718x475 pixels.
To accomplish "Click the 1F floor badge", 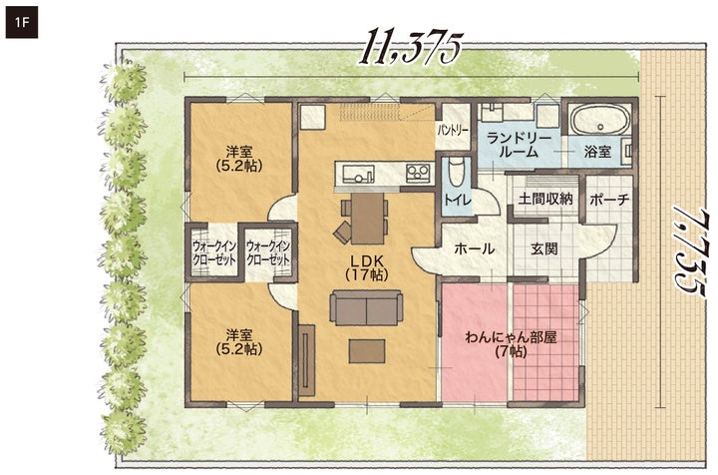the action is point(22,22).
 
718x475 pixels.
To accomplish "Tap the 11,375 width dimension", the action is point(410,47).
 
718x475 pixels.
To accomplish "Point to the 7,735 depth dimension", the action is point(688,251).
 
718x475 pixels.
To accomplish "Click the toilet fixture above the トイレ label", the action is point(456,173).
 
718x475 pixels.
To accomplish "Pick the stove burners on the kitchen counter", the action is point(417,173).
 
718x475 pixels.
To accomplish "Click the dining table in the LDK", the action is point(367,218).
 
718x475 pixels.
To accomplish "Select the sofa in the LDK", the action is point(366,307).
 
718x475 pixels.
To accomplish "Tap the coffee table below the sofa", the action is point(366,351).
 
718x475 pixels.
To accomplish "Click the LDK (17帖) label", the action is point(367,268).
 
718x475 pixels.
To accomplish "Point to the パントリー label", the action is point(454,131).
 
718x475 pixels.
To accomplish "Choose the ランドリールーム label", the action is point(519,145).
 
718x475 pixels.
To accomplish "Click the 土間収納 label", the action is point(545,199).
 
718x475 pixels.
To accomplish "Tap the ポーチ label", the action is point(609,200).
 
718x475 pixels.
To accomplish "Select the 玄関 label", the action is point(544,248).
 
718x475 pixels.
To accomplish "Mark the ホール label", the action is point(474,248).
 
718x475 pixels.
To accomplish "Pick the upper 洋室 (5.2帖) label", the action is point(239,159).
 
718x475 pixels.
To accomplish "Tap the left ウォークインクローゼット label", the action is point(213,252).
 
